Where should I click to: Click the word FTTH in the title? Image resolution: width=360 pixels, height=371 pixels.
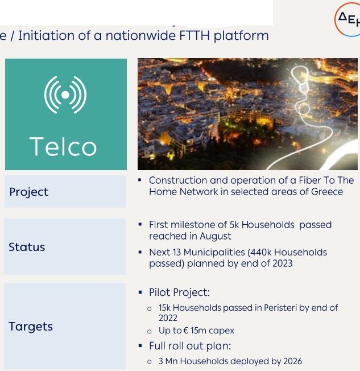(x=195, y=35)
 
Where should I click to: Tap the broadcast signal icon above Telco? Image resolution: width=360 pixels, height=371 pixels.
(x=65, y=95)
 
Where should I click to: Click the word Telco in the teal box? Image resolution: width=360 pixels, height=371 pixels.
(x=63, y=146)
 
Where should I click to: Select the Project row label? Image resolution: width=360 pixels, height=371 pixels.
(x=29, y=192)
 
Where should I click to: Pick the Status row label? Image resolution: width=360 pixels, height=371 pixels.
(x=27, y=247)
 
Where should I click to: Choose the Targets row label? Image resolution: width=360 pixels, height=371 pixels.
(x=31, y=327)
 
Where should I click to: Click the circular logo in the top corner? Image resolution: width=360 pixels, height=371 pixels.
(x=347, y=19)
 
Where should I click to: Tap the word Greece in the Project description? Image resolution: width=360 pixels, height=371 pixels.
(x=327, y=192)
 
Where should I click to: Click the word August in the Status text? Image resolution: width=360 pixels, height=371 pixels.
(x=215, y=236)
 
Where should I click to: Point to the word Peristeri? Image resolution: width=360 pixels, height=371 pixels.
(x=280, y=308)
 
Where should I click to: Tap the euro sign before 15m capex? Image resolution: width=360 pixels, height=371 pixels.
(x=185, y=331)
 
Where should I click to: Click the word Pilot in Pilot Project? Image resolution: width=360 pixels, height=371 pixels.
(x=160, y=292)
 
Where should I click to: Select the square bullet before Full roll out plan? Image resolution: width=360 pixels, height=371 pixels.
(x=140, y=346)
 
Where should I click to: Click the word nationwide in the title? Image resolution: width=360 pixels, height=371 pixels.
(x=140, y=35)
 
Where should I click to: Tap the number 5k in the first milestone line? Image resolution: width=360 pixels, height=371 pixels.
(x=234, y=225)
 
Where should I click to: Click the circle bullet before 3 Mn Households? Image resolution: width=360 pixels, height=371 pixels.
(x=149, y=362)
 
